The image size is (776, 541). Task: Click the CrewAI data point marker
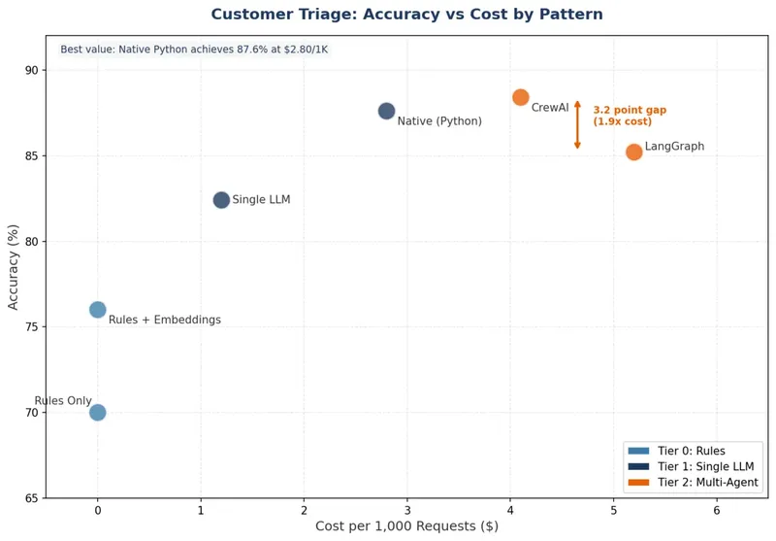pos(521,97)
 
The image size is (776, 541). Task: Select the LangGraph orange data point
pos(633,152)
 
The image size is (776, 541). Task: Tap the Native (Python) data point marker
pos(386,111)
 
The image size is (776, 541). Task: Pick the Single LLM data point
pos(221,200)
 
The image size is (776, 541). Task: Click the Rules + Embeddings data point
pos(97,310)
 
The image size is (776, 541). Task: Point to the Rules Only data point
pos(97,412)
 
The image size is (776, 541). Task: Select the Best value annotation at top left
pos(193,50)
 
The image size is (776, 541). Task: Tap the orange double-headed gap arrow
pos(577,124)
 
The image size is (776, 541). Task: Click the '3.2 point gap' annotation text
pos(630,111)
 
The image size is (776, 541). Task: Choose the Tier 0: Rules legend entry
pos(690,451)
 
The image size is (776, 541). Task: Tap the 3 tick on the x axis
pos(407,510)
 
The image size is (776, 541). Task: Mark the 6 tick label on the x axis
pos(717,510)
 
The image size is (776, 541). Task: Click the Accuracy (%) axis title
pos(14,267)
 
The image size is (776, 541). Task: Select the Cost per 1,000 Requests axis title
pos(406,526)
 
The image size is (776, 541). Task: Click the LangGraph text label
pos(674,147)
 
